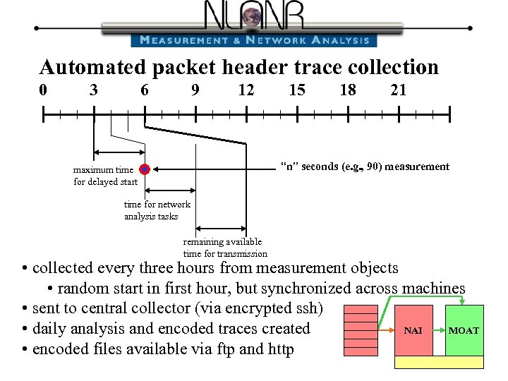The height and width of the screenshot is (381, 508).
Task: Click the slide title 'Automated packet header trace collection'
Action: (x=239, y=67)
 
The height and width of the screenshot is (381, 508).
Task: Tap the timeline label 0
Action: (x=44, y=90)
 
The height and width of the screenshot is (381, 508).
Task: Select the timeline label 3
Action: (x=94, y=90)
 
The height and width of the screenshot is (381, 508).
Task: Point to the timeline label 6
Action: (x=145, y=90)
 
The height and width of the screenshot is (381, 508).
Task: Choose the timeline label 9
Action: (x=195, y=90)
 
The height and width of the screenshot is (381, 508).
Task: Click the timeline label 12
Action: (x=246, y=90)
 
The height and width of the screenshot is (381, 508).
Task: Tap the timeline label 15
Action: (x=297, y=90)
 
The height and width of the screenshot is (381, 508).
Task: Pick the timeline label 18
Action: (x=348, y=90)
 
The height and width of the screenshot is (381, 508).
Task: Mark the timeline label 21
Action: (x=399, y=90)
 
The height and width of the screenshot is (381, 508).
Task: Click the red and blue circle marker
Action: (x=145, y=169)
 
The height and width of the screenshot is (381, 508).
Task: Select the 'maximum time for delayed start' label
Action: (x=105, y=176)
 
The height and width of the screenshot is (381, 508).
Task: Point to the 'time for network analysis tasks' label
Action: (x=157, y=210)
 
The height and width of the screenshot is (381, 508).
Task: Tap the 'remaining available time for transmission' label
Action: (x=225, y=248)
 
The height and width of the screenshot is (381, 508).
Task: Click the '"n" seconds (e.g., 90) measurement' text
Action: (x=365, y=167)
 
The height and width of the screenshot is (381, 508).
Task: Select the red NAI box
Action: (x=413, y=329)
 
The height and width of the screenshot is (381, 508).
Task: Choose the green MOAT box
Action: (x=464, y=329)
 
